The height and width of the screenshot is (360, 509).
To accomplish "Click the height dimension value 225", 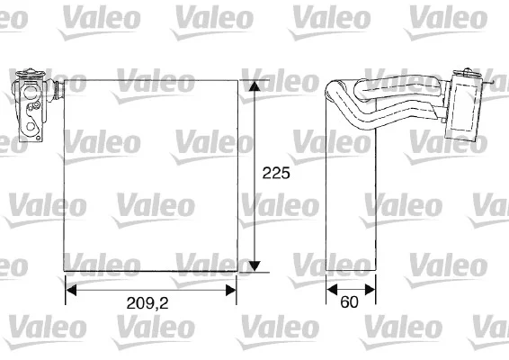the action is [x=276, y=173].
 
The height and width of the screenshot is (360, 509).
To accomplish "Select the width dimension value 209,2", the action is [x=147, y=303].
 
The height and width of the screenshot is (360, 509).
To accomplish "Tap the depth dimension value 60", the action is [x=349, y=301].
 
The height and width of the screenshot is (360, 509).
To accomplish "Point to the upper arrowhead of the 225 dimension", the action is [x=254, y=85].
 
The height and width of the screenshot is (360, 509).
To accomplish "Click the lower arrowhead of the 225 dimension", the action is [x=254, y=265].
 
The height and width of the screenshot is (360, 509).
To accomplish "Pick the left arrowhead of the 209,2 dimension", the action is [x=71, y=290].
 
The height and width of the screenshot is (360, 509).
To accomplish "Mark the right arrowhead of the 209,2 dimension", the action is [x=231, y=290].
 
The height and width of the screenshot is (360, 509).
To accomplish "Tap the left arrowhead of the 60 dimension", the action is [x=332, y=289].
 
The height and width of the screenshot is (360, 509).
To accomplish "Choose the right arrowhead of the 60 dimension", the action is [x=371, y=289].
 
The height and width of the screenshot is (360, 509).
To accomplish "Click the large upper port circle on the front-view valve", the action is [x=31, y=93].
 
